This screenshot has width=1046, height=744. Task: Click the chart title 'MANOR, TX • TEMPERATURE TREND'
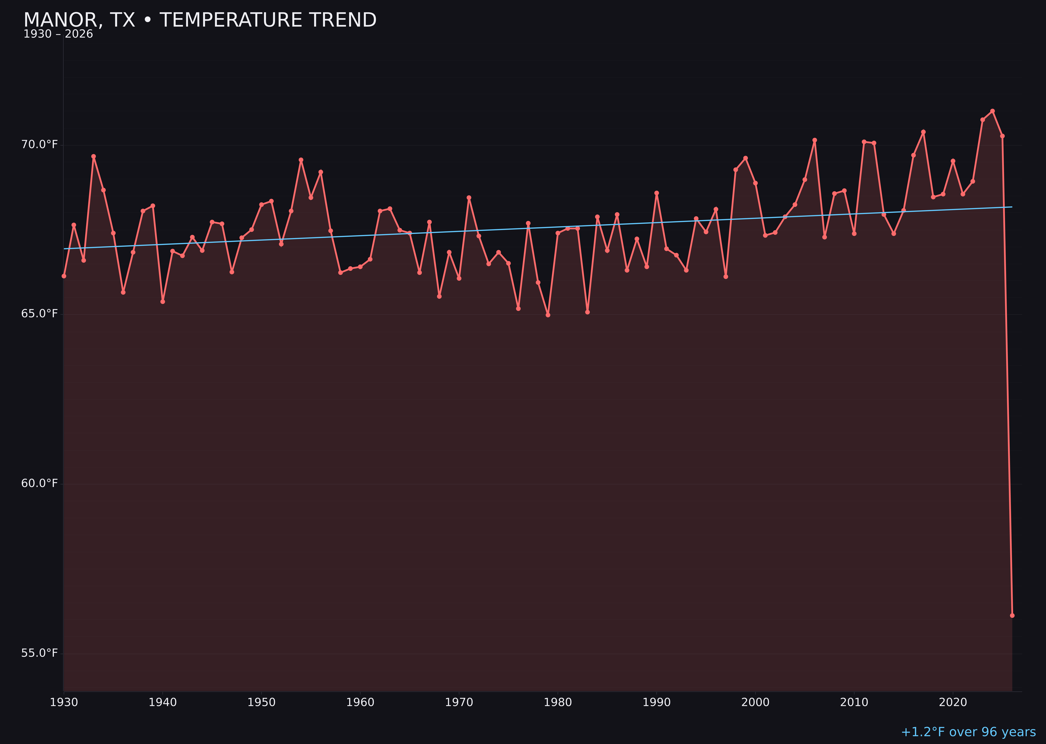point(200,20)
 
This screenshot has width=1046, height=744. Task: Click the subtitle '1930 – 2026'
point(58,34)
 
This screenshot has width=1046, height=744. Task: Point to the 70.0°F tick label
point(39,145)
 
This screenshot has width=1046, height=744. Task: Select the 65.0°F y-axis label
point(39,314)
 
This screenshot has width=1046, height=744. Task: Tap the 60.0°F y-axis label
point(39,483)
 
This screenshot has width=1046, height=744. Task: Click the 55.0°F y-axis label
point(39,653)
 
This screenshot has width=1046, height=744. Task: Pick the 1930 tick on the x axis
point(64,702)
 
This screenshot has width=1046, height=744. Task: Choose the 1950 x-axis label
point(261,702)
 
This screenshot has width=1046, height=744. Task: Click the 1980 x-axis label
point(558,702)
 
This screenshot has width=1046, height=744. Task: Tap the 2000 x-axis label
point(755,702)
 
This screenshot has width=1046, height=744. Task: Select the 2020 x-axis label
point(953,702)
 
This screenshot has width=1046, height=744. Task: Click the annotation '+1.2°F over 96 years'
point(968,732)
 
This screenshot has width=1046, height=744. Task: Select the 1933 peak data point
point(93,156)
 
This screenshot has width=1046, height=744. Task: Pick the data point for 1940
point(163,301)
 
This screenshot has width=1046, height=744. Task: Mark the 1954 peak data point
point(301,160)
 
